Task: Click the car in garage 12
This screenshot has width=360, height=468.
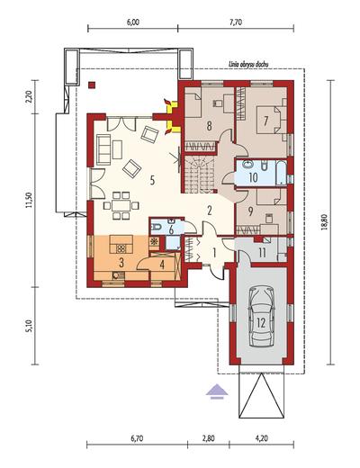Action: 262,317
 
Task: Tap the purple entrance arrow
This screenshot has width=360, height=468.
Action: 218,391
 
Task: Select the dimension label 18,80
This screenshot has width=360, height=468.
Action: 324,222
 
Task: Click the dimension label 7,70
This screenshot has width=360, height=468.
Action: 236,22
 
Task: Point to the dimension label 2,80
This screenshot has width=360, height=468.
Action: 208,438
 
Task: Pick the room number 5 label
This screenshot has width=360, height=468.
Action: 152,180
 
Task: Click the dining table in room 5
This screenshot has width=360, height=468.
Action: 121,205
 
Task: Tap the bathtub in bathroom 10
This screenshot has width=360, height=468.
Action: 282,173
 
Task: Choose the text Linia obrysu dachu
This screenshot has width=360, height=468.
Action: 248,64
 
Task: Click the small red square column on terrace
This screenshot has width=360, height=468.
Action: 92,85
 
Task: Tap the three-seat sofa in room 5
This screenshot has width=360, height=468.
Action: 103,149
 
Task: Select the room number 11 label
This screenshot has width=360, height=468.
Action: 262,253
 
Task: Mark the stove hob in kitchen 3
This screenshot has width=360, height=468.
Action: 121,248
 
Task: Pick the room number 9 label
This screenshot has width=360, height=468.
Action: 250,211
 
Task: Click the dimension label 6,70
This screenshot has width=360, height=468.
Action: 137,438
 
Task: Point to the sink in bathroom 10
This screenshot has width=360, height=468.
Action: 248,165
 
